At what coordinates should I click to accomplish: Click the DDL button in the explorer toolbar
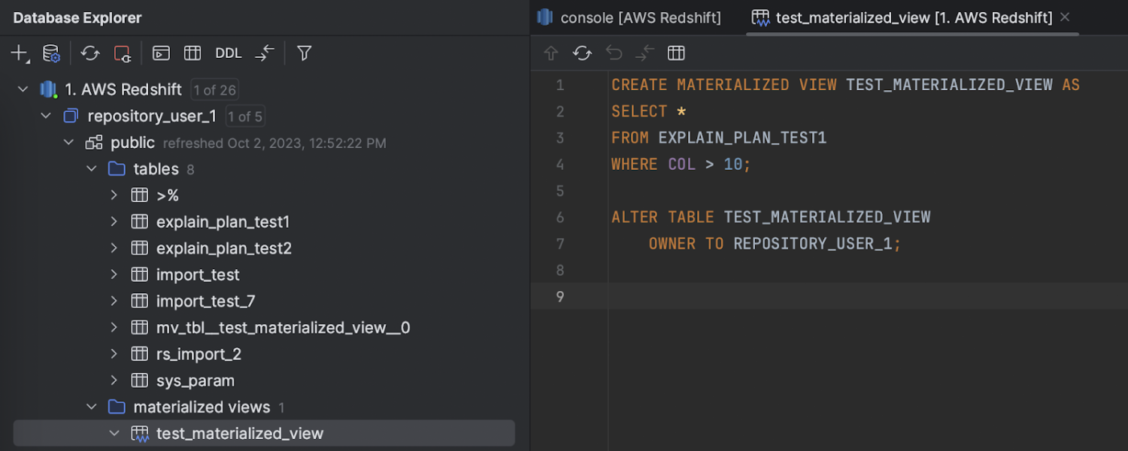tap(228, 53)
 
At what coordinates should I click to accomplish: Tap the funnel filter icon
tap(304, 53)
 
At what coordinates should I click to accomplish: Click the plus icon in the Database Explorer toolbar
tap(20, 53)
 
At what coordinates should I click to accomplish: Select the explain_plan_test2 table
tap(223, 248)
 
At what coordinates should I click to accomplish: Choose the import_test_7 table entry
tap(205, 301)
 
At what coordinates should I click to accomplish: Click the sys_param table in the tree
tap(196, 380)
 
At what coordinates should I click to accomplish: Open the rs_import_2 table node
tap(199, 354)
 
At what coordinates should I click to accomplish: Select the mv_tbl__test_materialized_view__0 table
tap(283, 328)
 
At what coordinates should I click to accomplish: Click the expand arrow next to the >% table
tap(114, 195)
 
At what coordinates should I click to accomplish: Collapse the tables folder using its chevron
tap(91, 168)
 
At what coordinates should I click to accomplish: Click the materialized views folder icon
tap(117, 407)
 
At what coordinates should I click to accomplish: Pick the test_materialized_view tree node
tap(240, 434)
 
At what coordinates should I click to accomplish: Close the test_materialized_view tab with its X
tap(1065, 17)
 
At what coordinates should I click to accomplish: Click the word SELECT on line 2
tap(639, 111)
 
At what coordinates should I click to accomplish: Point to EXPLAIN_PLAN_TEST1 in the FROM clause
tap(742, 138)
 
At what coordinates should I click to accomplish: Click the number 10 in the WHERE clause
tap(732, 164)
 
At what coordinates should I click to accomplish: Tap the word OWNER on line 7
tap(672, 244)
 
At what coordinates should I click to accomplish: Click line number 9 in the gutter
tap(560, 296)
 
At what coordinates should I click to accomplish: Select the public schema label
tap(132, 143)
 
